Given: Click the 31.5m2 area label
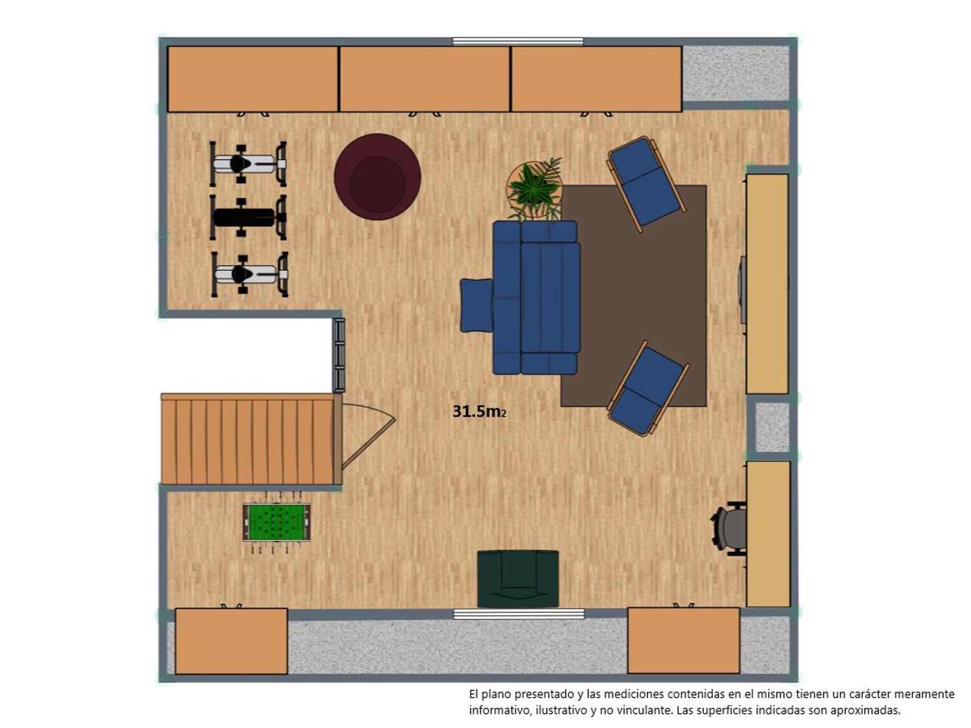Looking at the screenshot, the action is click(x=479, y=412).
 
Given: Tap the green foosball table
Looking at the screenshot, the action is click(x=276, y=522).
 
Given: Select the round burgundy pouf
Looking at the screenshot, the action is click(x=377, y=177).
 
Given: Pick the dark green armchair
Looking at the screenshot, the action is click(x=518, y=579).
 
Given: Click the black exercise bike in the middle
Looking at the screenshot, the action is click(x=248, y=217).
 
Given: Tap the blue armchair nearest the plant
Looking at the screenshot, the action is click(x=647, y=183).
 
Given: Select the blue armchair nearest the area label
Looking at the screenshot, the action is click(x=648, y=388).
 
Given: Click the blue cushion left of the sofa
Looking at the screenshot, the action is click(x=476, y=305).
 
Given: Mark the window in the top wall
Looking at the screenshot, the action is click(x=518, y=41).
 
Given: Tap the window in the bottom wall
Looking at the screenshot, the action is click(x=519, y=613).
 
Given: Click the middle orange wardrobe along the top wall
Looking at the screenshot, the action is click(x=425, y=79).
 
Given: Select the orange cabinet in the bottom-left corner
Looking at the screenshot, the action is click(x=231, y=641).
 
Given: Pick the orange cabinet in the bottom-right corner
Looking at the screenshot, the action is click(x=684, y=641).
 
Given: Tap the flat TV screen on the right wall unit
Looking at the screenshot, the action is click(x=742, y=290).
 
